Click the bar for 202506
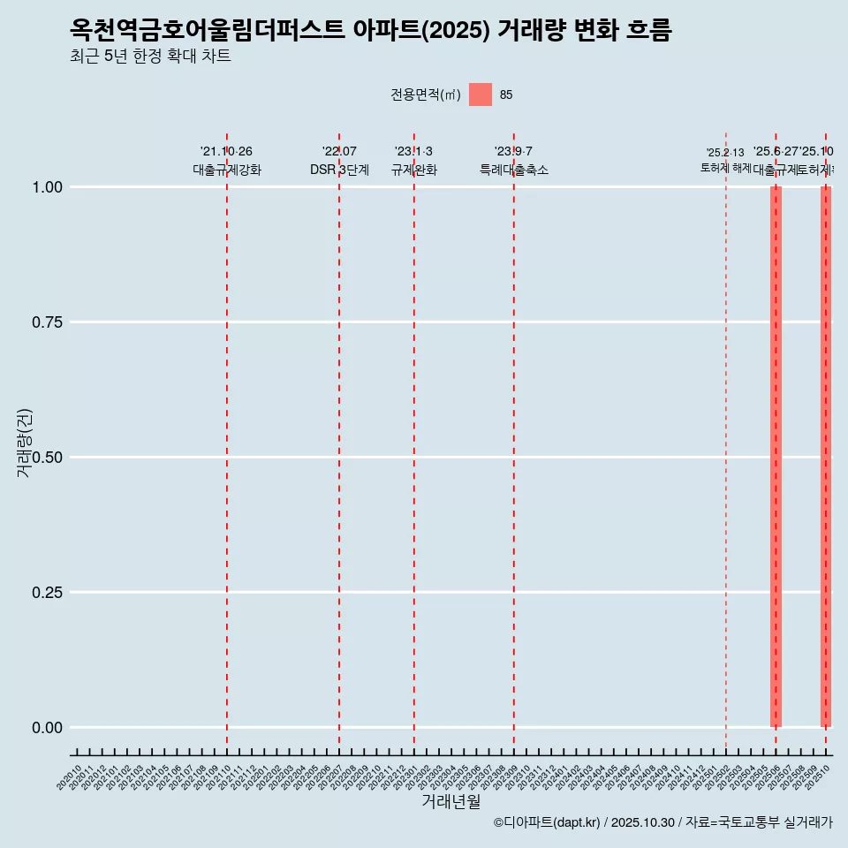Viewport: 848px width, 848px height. pyautogui.click(x=776, y=457)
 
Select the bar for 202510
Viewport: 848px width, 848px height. pyautogui.click(x=826, y=457)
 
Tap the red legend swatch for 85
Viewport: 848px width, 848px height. pyautogui.click(x=481, y=95)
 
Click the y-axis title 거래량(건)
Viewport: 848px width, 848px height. pyautogui.click(x=24, y=443)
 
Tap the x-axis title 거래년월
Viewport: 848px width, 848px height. pyautogui.click(x=450, y=802)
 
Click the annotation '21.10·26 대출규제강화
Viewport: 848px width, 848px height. pyautogui.click(x=227, y=161)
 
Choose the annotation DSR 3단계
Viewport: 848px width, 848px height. pyautogui.click(x=339, y=170)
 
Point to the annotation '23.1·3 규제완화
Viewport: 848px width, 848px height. pyautogui.click(x=413, y=161)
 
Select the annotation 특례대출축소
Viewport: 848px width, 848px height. pyautogui.click(x=514, y=170)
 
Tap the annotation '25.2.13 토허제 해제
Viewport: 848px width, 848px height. pyautogui.click(x=725, y=160)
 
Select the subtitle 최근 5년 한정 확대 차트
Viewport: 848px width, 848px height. pyautogui.click(x=150, y=57)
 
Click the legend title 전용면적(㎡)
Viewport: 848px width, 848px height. pyautogui.click(x=426, y=95)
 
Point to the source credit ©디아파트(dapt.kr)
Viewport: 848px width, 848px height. pyautogui.click(x=547, y=822)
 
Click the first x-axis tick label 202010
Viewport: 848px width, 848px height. pyautogui.click(x=69, y=777)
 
